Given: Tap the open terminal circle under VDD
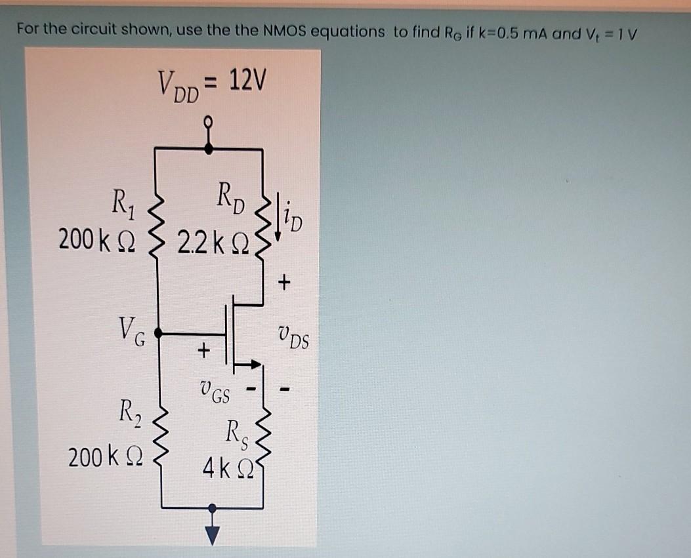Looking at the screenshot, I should [209, 122].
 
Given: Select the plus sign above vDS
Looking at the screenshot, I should [283, 283].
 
